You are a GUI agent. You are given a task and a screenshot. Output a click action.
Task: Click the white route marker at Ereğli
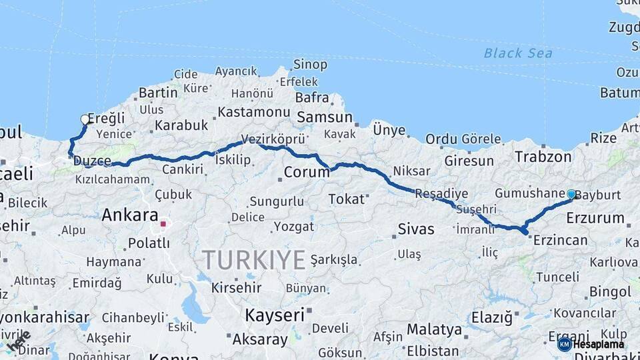[85, 119]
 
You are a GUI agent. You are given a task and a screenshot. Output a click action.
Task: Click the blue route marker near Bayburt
[571, 194]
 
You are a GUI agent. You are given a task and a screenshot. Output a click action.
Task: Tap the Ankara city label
[130, 215]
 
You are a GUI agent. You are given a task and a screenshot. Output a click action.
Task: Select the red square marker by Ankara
[162, 224]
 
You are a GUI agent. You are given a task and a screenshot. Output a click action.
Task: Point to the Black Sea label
[518, 53]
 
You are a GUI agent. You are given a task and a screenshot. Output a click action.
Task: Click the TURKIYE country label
[253, 259]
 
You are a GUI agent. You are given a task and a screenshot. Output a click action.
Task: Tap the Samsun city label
[325, 117]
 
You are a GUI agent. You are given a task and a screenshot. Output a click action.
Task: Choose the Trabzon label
[543, 157]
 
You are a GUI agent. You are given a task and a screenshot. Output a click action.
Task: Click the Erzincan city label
[560, 241]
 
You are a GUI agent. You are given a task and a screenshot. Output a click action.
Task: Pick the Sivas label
[416, 229]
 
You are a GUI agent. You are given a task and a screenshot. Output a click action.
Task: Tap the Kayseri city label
[275, 314]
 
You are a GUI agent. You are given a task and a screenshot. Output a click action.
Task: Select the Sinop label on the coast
[311, 65]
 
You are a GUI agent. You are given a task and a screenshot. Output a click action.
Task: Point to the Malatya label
[434, 329]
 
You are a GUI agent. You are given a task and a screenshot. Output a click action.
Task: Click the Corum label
[307, 172]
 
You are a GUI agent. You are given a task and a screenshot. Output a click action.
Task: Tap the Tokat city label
[347, 199]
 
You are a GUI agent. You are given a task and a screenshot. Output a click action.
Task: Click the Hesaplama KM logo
[591, 344]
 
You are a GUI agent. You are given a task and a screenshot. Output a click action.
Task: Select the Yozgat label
[294, 227]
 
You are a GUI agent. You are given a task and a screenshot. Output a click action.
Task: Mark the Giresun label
[469, 161]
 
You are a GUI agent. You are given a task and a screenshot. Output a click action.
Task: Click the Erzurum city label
[595, 218]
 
